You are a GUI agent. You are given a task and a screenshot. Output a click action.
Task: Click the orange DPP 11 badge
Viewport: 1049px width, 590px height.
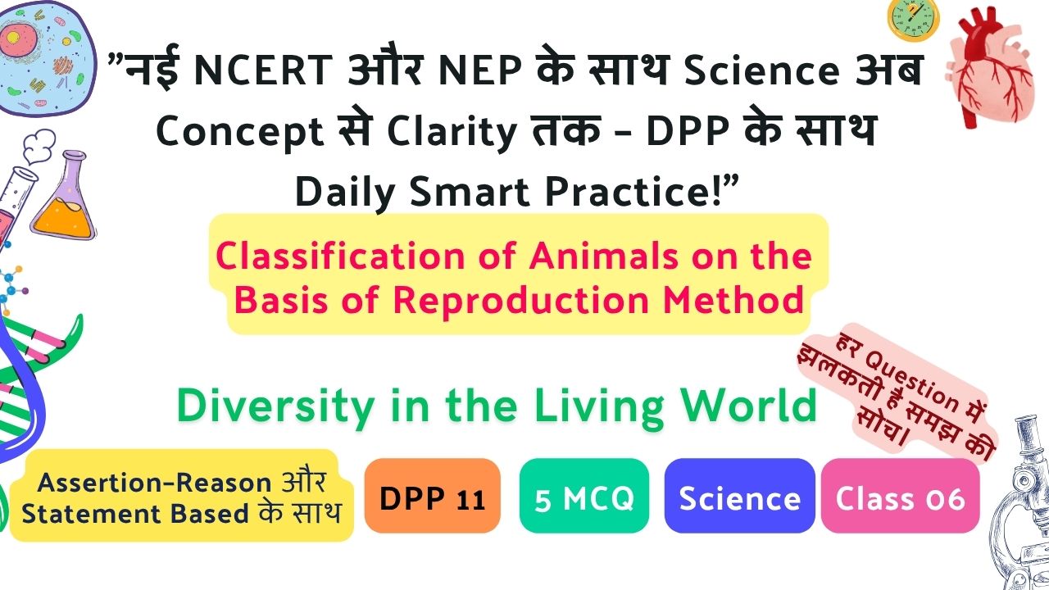pos(432,496)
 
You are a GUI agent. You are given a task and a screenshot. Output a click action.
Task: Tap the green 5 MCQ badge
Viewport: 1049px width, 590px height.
pos(584,496)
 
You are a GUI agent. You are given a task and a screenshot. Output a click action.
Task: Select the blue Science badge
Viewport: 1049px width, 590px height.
pos(739,496)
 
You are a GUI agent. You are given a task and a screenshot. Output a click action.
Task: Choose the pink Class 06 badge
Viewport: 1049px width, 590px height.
pos(900,496)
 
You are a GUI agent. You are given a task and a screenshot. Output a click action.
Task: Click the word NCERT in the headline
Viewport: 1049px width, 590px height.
pos(263,70)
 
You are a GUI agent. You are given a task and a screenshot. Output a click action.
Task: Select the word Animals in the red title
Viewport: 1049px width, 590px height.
pos(603,256)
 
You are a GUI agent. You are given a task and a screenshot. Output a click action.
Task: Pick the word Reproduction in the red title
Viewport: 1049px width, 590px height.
pos(520,300)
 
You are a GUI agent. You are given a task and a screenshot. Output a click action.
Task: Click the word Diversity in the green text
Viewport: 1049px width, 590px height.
pos(276,406)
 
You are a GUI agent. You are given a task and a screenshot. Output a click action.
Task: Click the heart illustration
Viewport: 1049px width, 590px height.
pos(989,67)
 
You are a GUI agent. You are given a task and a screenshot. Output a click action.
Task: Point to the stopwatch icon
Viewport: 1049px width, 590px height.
pos(913,20)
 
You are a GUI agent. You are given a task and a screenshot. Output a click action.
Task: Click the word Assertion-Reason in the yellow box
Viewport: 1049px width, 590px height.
pos(154,483)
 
